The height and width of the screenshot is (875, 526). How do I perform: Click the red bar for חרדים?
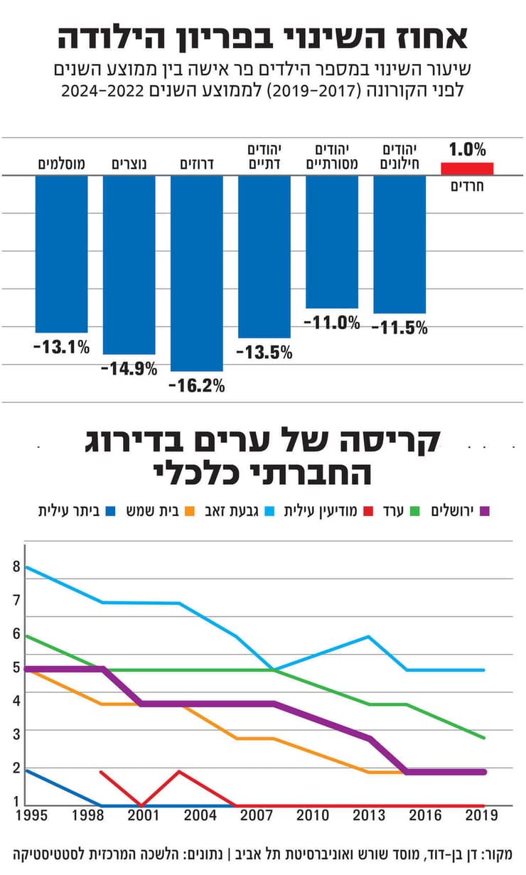pos(467,168)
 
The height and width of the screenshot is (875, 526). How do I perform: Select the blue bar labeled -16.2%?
pos(197,273)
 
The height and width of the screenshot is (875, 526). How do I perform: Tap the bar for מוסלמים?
pos(62,254)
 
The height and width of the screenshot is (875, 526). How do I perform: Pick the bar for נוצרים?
pos(129,264)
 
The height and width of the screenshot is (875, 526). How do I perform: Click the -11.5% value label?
pos(399,328)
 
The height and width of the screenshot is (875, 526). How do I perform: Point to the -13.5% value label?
pos(264,352)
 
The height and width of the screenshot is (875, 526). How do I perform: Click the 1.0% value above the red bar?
pos(467,150)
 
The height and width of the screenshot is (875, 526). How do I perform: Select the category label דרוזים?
pos(197,164)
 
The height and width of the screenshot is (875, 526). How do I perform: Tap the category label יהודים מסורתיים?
pos(332,156)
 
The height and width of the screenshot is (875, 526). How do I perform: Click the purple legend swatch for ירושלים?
pos(486,510)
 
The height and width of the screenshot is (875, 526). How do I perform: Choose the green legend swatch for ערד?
pos(416,510)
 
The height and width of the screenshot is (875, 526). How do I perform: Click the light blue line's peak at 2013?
pos(368,636)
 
